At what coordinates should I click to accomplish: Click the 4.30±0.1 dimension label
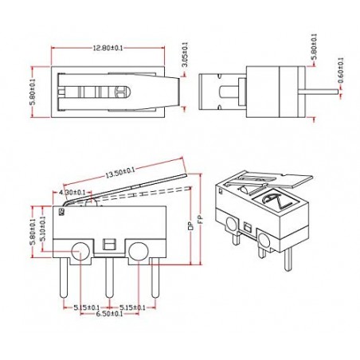point(72,192)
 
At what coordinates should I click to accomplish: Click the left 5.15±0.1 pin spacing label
point(86,306)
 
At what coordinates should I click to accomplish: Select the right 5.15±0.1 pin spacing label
point(131,306)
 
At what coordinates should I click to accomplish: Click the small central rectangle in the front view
point(109,244)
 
